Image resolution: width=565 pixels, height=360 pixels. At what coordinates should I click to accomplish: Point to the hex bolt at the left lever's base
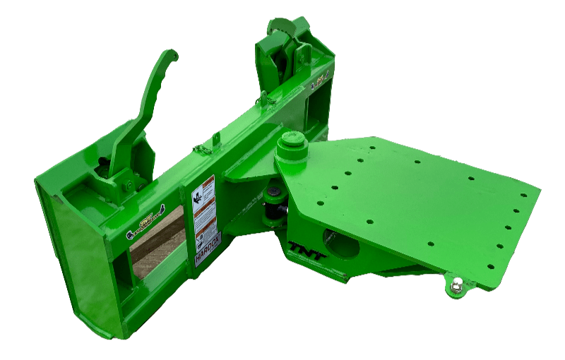(x=129, y=186)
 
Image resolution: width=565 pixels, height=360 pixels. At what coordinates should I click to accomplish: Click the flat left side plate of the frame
(x=71, y=261)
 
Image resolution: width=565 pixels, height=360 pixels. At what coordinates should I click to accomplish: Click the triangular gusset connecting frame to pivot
(x=244, y=173)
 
